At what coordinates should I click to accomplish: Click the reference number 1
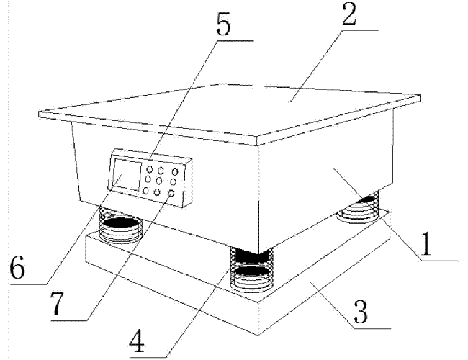pos(426,244)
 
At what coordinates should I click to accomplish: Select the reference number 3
pos(361,312)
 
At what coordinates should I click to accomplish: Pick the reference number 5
pos(223,24)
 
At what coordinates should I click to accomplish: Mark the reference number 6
pos(17,267)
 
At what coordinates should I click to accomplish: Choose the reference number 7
pos(57,304)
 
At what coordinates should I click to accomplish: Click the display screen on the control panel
pos(127,175)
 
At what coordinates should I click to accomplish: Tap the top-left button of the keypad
pos(150,169)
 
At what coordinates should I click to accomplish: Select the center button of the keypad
pos(159,181)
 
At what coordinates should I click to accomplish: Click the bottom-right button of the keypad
pos(171,194)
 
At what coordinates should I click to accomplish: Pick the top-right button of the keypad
pos(175,172)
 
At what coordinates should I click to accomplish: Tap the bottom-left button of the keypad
pos(145,191)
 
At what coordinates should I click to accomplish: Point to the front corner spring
pos(251,269)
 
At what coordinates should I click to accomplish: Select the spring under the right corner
pos(358,208)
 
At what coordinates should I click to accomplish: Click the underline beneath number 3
pos(372,328)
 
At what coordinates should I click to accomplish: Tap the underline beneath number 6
pos(29,284)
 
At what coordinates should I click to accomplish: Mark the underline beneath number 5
pos(235,40)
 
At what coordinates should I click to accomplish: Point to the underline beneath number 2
pos(360,30)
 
